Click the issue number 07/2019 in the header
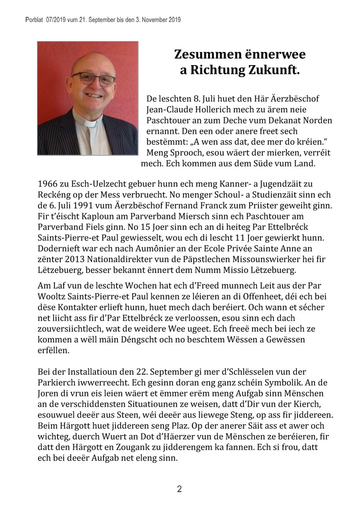tap(56, 19)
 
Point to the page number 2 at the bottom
tap(180, 489)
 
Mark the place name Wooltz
tap(50, 297)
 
